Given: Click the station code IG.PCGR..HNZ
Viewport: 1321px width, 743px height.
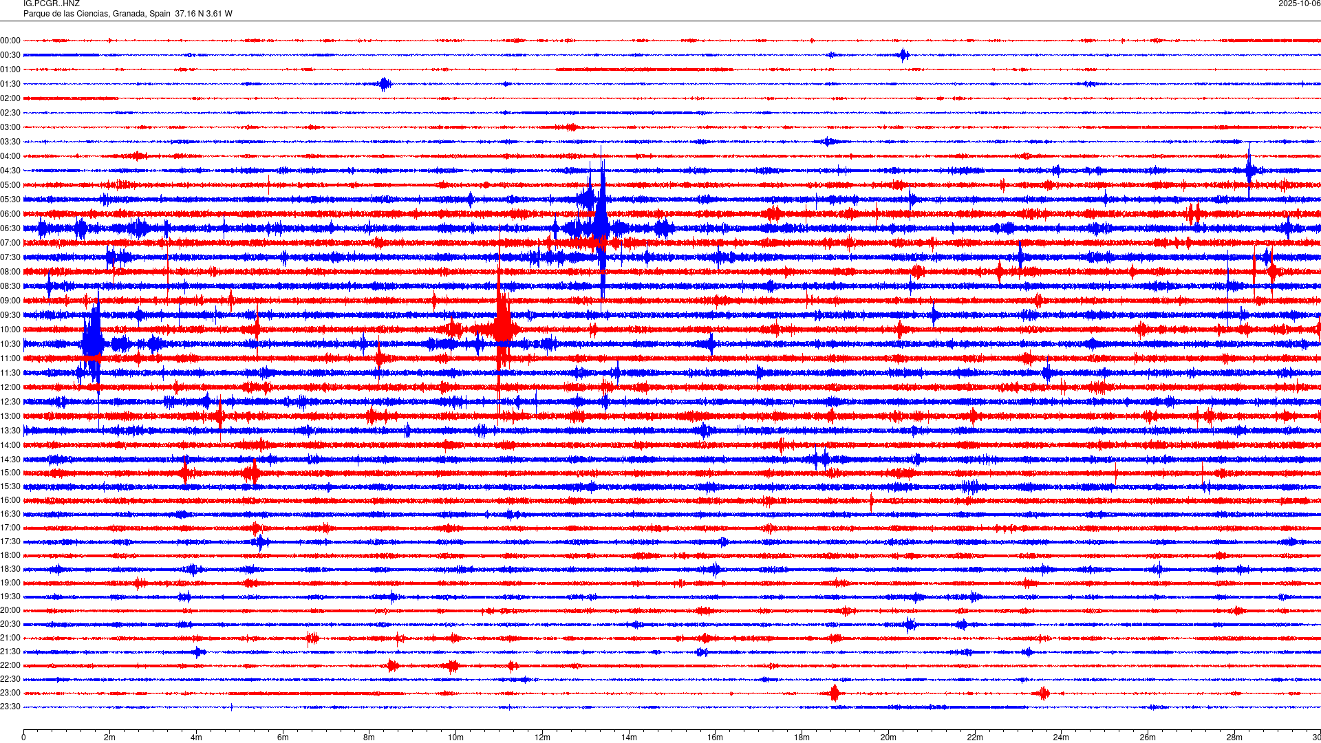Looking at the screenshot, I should (51, 4).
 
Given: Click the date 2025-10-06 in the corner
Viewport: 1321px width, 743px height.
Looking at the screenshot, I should (1299, 4).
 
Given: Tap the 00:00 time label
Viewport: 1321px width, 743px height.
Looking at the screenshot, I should (10, 41).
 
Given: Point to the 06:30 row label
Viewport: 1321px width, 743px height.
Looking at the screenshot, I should (10, 228).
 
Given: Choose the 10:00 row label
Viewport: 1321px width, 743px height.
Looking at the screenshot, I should (10, 330).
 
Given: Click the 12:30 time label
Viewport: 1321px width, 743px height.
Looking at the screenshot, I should (10, 402).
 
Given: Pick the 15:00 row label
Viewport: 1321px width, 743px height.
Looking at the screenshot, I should (10, 473).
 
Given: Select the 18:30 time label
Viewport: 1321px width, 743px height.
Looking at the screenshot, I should (10, 569).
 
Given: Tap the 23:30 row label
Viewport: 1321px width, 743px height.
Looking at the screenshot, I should (10, 707).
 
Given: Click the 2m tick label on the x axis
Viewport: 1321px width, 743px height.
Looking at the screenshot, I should (110, 737).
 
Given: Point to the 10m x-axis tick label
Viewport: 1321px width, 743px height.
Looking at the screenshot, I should (455, 737).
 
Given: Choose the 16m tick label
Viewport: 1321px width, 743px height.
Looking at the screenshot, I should (715, 737).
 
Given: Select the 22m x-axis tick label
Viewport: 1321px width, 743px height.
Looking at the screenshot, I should (974, 737).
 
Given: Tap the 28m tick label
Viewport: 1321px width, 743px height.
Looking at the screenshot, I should (1234, 737).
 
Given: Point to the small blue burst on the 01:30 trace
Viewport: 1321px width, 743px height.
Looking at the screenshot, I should (385, 84).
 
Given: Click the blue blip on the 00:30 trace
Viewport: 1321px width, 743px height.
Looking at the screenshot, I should (903, 55).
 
